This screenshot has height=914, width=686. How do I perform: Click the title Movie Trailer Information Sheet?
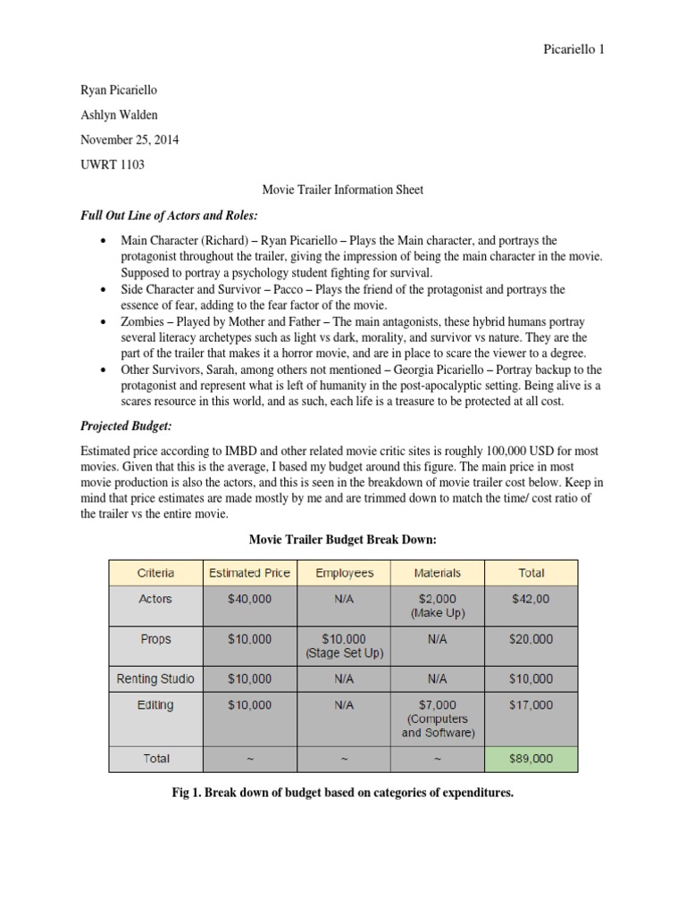click(342, 189)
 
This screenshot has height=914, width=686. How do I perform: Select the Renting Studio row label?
click(155, 678)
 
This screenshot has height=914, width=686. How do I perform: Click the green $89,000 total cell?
click(531, 759)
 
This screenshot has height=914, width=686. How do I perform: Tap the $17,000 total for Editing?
click(531, 705)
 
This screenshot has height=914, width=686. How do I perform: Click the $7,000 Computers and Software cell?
click(437, 719)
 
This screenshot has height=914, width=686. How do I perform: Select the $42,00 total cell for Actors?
click(531, 599)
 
